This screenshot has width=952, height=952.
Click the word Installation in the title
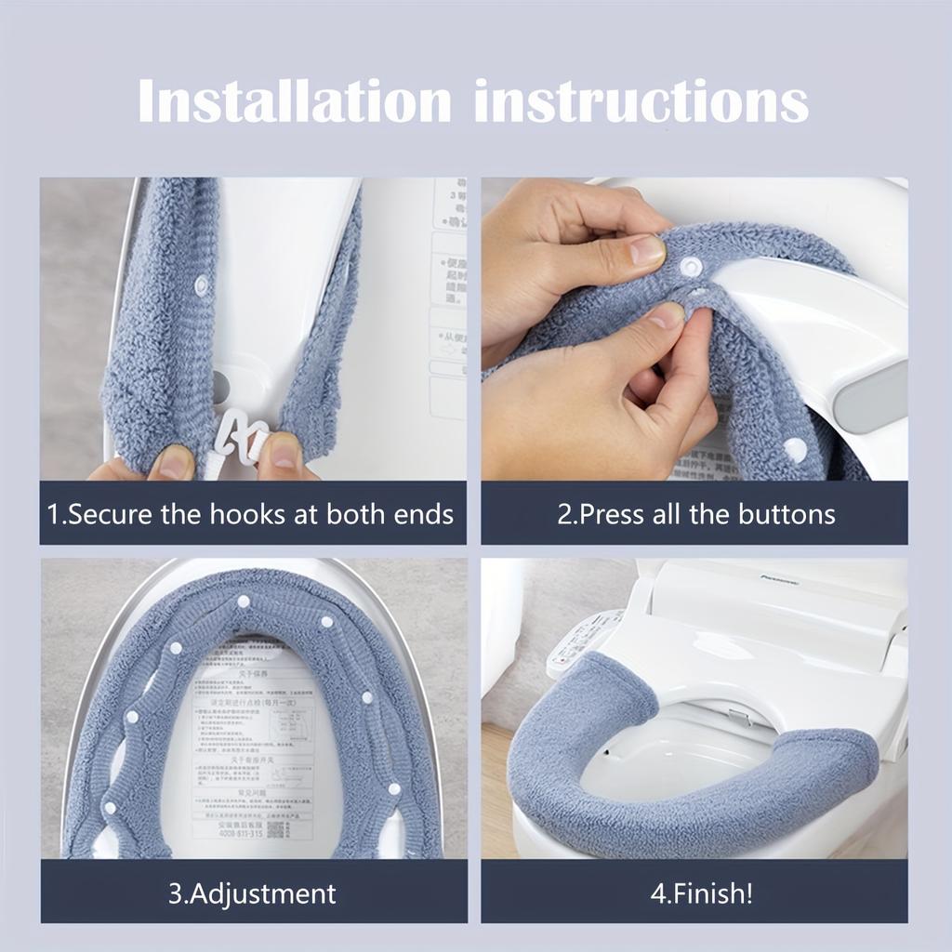[296, 101]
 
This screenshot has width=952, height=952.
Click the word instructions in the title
[641, 101]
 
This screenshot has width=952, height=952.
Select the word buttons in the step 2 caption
[787, 514]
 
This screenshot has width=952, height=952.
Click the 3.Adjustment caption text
[252, 894]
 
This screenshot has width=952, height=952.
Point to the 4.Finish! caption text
[701, 894]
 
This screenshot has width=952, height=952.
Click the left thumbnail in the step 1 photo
[173, 462]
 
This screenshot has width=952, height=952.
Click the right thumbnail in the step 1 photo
[284, 453]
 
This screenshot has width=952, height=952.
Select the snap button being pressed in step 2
[690, 268]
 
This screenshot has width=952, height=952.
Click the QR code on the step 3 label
[277, 827]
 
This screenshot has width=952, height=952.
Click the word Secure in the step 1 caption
[111, 514]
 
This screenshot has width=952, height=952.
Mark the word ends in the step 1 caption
[422, 514]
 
